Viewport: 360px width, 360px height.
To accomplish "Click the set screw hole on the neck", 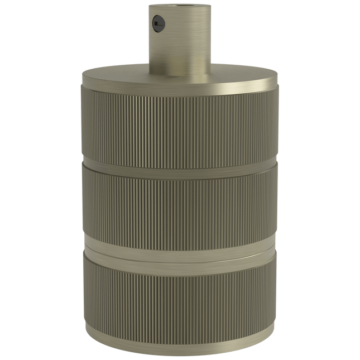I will point(155,23).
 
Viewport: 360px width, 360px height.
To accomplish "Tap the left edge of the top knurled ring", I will point(82,123).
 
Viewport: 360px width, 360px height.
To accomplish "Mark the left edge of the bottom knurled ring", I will point(82,290).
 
